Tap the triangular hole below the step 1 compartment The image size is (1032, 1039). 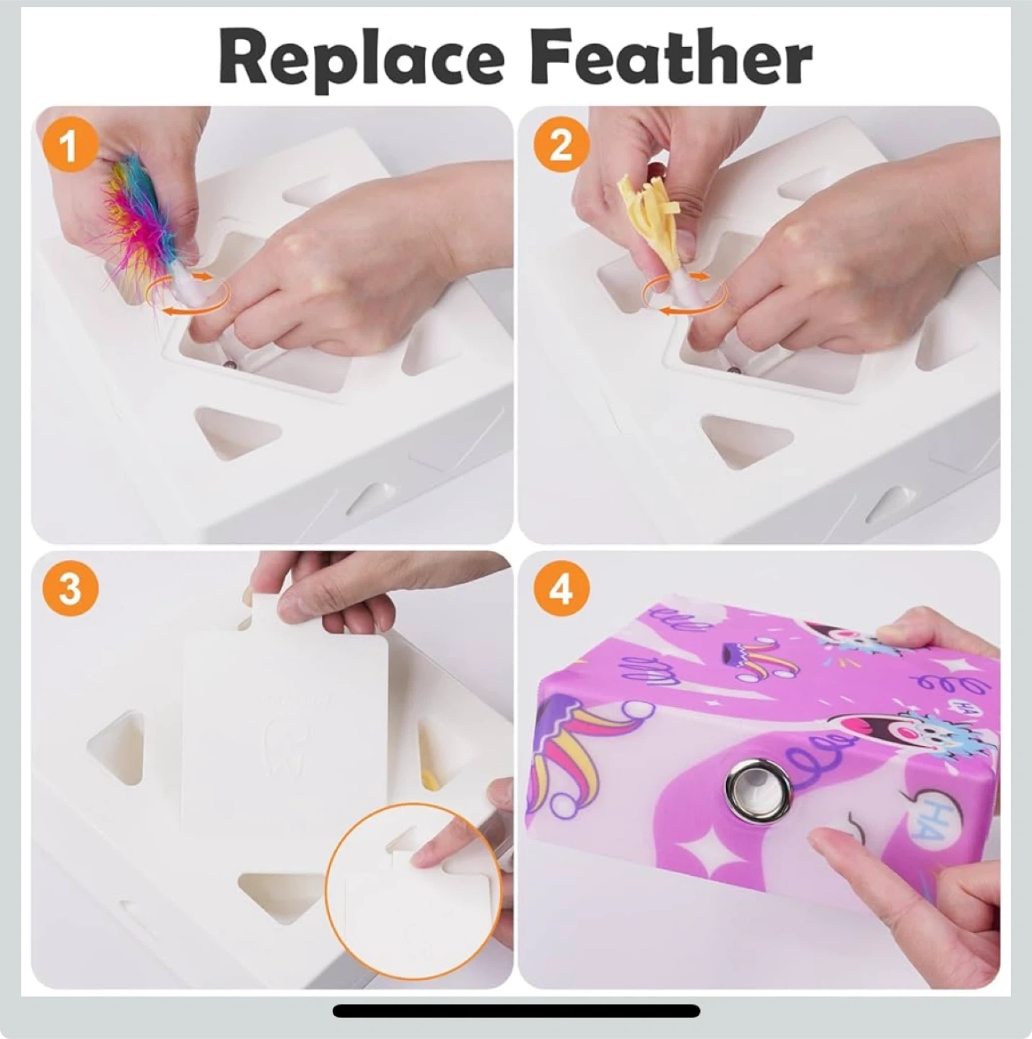click(237, 432)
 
